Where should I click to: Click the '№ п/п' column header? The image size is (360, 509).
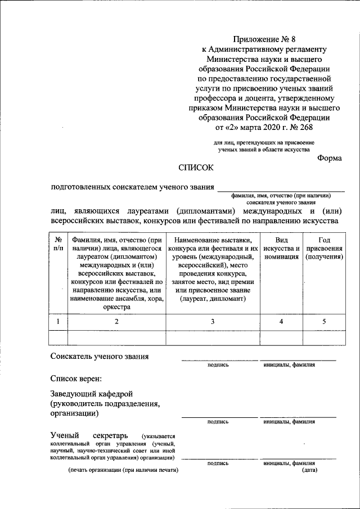pos(58,244)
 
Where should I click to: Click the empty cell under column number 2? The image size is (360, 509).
pos(116,337)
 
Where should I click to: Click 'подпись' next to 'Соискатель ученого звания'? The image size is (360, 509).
pos(218,364)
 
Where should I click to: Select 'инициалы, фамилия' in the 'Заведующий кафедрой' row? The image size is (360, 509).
pos(289,421)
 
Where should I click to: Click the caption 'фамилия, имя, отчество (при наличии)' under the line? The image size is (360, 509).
pos(281,195)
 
